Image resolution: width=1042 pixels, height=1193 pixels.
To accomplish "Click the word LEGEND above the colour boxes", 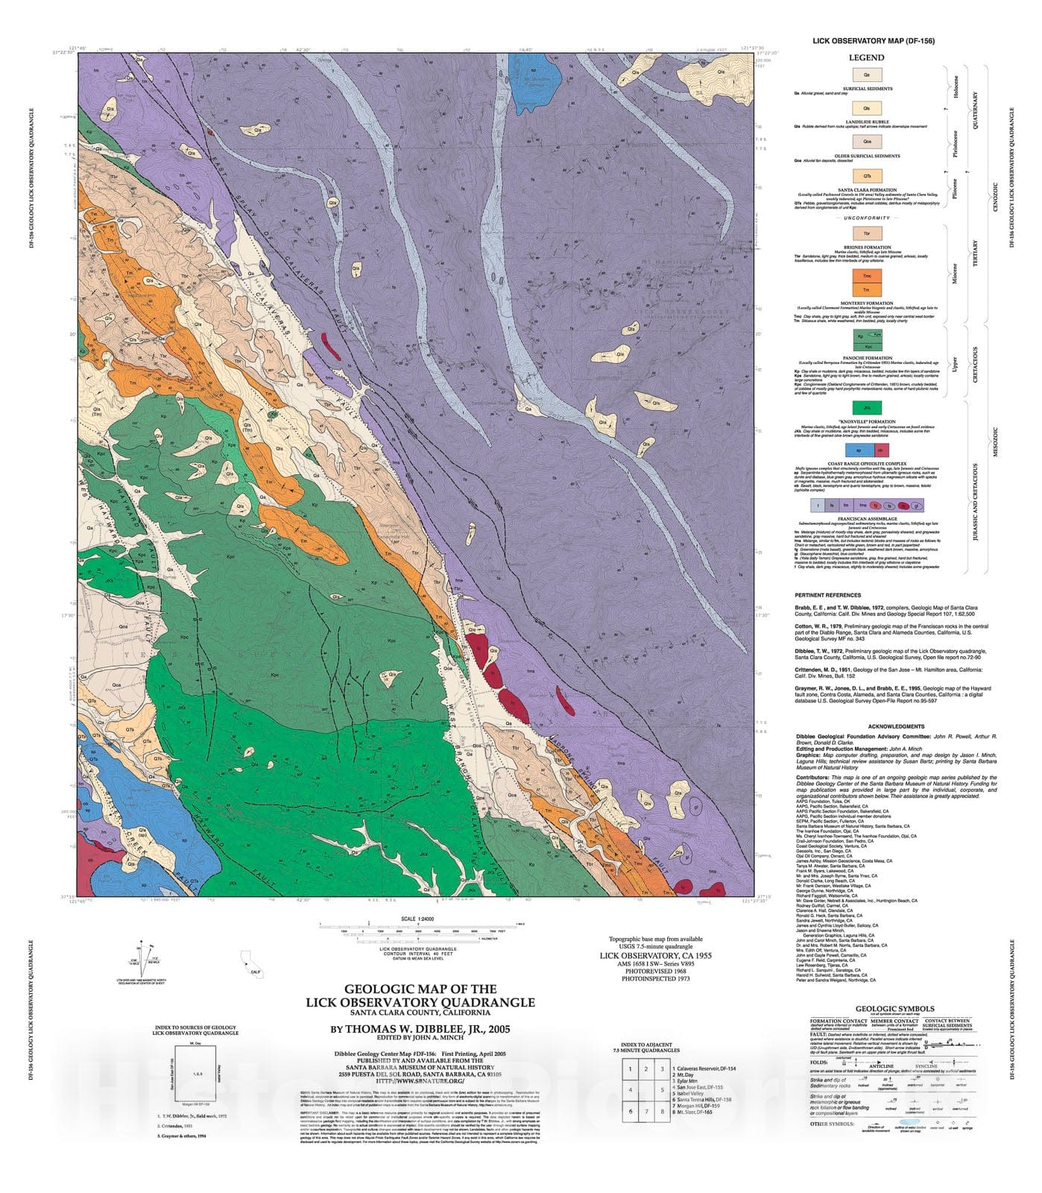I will [867, 57].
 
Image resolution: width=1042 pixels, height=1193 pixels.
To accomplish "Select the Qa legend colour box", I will [867, 75].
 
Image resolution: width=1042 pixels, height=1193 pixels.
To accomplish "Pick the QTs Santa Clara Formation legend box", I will [867, 176].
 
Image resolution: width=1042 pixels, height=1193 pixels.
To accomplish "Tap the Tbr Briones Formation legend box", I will [867, 234].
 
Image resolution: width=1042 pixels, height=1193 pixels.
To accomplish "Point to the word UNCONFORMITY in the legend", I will [867, 218].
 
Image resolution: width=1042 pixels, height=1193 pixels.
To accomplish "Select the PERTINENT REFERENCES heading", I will [828, 596].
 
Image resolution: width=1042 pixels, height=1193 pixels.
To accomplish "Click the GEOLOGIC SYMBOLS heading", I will [894, 1010].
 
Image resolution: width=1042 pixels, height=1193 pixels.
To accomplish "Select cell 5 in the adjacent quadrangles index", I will [661, 1089].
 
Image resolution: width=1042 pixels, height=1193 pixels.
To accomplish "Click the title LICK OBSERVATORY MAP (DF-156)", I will [874, 41].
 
